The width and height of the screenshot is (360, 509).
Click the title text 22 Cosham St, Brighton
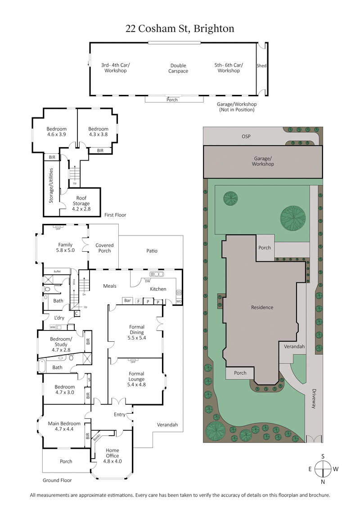point(180,29)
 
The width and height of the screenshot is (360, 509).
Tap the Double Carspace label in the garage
point(178,68)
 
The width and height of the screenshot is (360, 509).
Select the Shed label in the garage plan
point(261,66)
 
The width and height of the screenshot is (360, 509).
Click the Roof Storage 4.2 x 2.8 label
point(81,201)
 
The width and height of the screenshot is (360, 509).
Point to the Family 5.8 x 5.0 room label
point(65,248)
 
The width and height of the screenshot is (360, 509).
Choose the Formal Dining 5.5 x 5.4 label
point(137,332)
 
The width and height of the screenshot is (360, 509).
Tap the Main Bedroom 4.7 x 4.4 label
point(64,426)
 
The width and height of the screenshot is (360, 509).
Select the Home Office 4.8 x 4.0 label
point(112,455)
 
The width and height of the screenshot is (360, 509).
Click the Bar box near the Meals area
point(127,300)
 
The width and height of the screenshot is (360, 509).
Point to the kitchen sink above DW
point(157,274)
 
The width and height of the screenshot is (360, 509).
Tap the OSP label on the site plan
point(245,136)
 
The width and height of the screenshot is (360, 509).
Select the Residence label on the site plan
point(262,308)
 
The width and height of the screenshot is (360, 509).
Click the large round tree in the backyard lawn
point(293,219)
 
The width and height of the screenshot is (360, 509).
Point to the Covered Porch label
point(104,248)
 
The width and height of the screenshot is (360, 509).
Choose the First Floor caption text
point(115,215)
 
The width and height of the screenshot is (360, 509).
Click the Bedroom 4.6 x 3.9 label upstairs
point(57,131)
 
